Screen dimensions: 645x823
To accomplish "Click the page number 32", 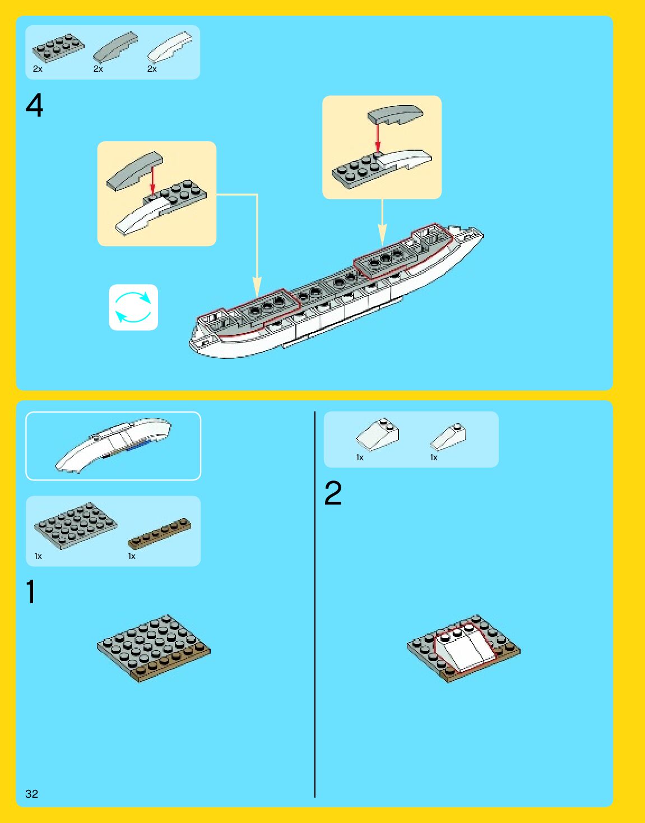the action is tap(32, 793).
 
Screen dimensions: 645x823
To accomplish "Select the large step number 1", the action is tap(31, 592).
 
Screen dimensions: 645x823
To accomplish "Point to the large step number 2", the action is tap(333, 493).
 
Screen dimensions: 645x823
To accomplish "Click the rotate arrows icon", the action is tap(133, 307).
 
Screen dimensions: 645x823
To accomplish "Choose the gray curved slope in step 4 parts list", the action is tap(115, 47).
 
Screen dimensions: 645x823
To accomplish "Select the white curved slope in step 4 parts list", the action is tap(170, 47).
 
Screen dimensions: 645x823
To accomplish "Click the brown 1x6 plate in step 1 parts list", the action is tap(159, 533).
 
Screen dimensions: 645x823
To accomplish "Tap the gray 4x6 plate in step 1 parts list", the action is tap(76, 526).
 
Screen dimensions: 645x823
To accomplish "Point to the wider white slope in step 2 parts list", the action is tap(377, 434).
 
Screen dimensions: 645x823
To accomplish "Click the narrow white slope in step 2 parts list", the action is tap(448, 437).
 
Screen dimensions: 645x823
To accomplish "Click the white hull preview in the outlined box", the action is tap(113, 445).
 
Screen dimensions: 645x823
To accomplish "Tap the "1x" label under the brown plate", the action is tap(132, 556).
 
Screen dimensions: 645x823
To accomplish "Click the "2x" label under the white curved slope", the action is tap(152, 68).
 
